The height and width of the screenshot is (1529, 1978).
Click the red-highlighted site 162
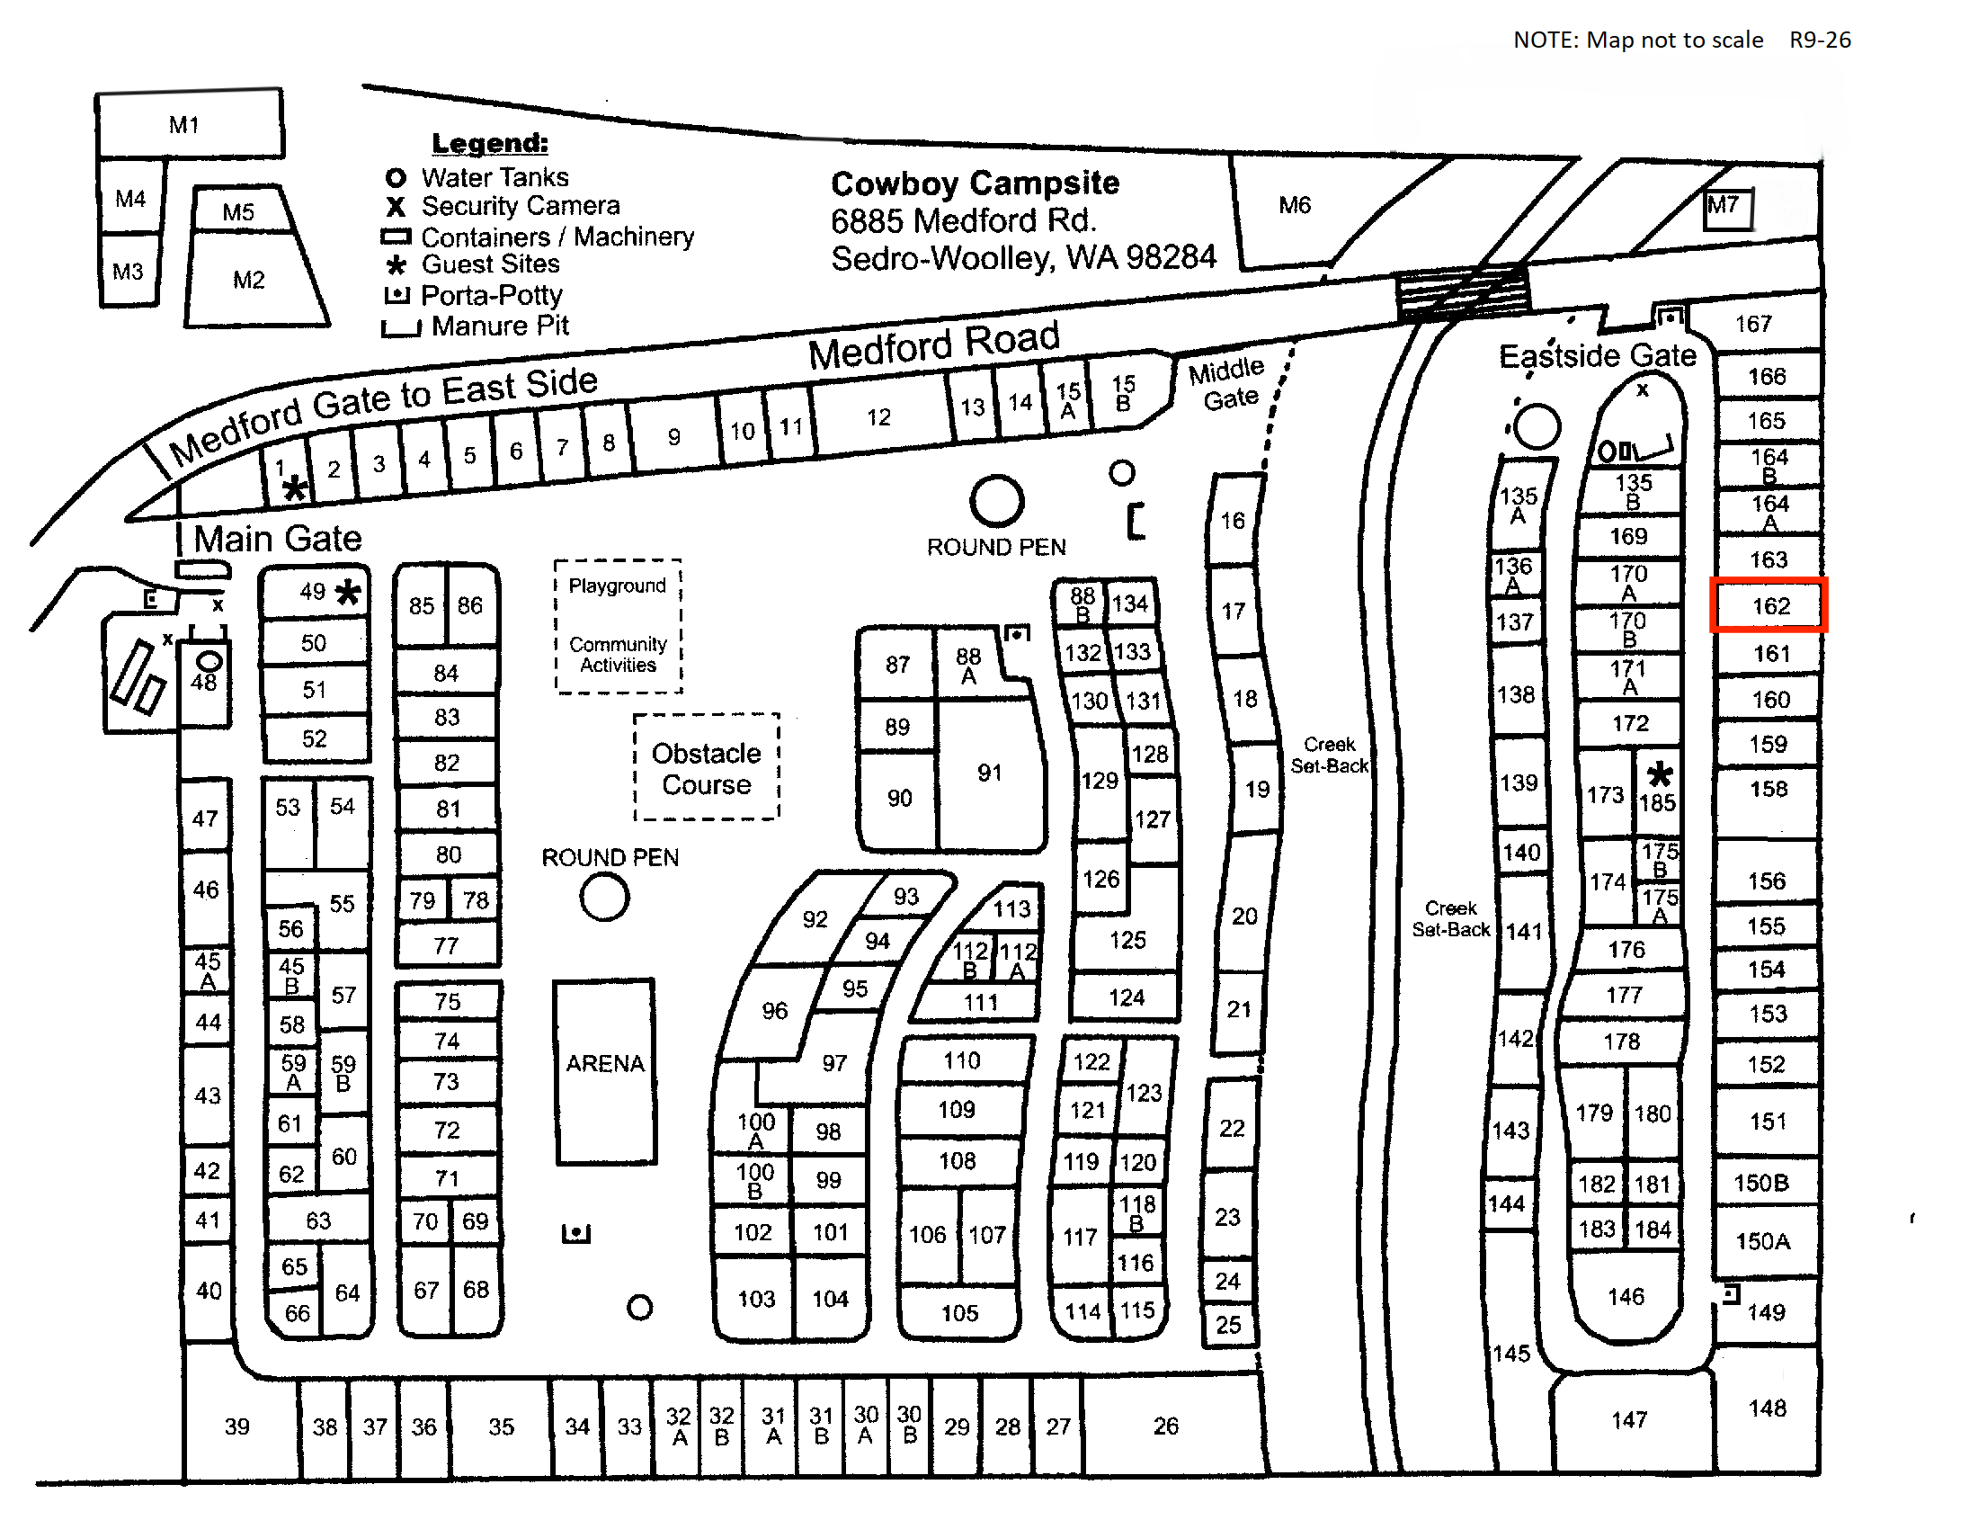[x=1769, y=605]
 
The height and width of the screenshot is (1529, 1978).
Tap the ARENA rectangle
[x=605, y=1070]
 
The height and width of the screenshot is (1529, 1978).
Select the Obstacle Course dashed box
[x=707, y=767]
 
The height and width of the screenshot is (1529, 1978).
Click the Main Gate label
[x=277, y=539]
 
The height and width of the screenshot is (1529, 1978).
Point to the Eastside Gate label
[x=1598, y=355]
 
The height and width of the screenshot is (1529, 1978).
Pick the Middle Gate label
[x=1227, y=383]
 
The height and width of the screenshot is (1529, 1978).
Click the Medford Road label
[x=934, y=345]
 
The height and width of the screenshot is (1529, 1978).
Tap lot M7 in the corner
[x=1728, y=210]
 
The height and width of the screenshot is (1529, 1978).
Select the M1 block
[x=190, y=124]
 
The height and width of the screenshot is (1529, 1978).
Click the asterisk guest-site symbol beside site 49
[x=348, y=593]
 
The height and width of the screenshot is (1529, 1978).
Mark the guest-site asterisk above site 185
[x=1659, y=774]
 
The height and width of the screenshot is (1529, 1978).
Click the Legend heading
[x=490, y=143]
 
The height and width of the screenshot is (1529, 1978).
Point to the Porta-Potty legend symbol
[x=396, y=294]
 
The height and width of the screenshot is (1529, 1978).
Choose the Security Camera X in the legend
[x=396, y=207]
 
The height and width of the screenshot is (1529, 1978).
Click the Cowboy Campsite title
[x=976, y=183]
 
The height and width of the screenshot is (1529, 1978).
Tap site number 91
[x=989, y=773]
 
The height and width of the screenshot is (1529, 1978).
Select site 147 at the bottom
[x=1628, y=1419]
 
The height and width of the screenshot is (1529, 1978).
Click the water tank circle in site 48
[x=209, y=662]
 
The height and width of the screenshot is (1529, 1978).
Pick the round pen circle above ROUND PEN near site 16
[x=997, y=501]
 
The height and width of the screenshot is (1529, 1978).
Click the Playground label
[x=617, y=586]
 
